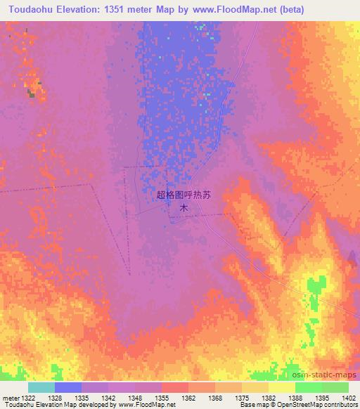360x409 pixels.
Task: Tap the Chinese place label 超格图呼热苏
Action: (x=183, y=196)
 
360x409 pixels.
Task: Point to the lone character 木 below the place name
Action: (x=184, y=208)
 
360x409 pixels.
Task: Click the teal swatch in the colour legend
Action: (x=41, y=387)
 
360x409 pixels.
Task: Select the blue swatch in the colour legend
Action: (x=68, y=387)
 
